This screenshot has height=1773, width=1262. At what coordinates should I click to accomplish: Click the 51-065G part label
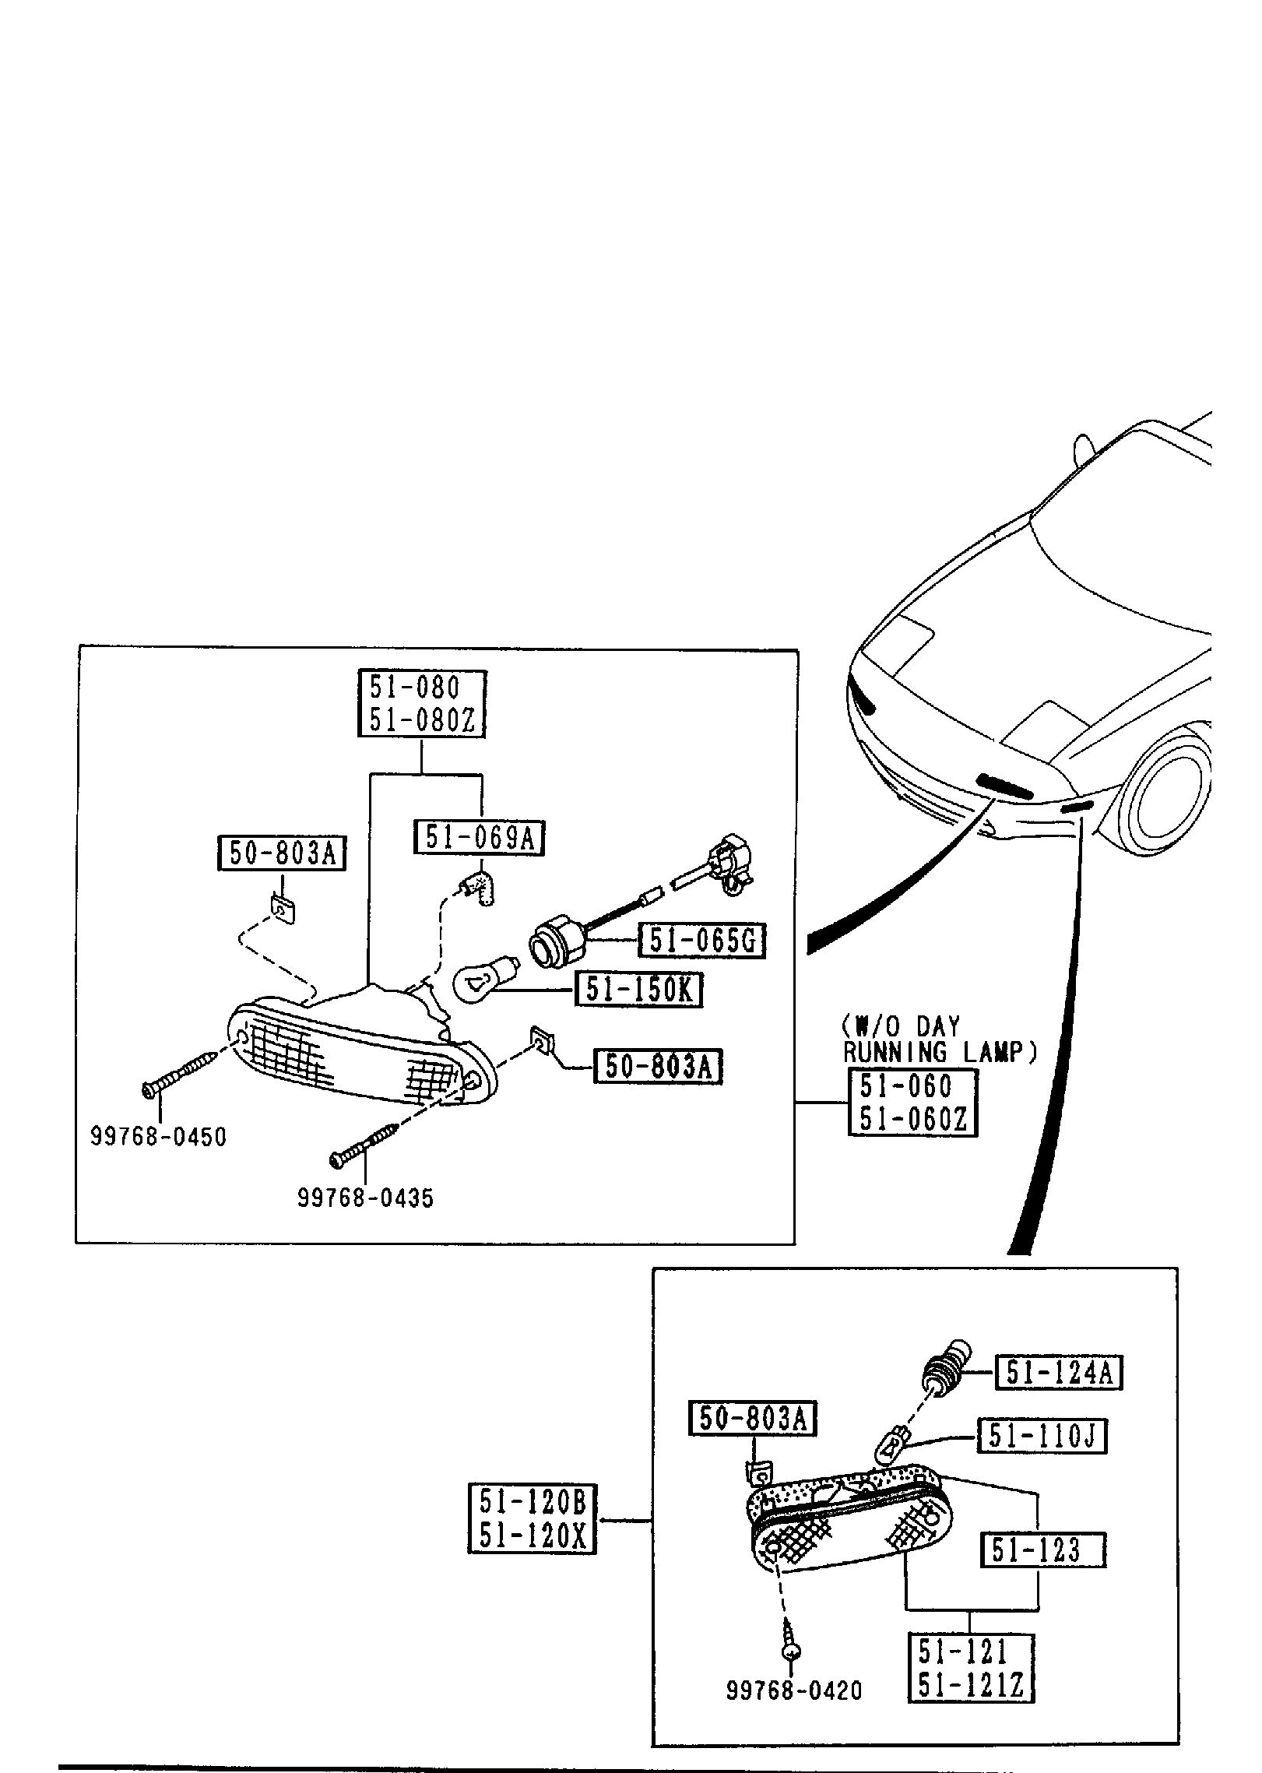[x=701, y=941]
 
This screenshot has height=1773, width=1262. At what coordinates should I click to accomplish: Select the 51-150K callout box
[x=639, y=990]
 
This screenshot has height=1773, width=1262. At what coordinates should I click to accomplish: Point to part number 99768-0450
[x=158, y=1138]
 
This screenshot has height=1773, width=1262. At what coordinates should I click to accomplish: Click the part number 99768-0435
[x=365, y=1198]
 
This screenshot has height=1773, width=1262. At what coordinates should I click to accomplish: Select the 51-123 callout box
[x=1042, y=1550]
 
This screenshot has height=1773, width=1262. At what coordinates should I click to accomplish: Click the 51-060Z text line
[x=912, y=1119]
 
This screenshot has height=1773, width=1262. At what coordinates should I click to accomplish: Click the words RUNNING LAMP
[x=940, y=1052]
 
